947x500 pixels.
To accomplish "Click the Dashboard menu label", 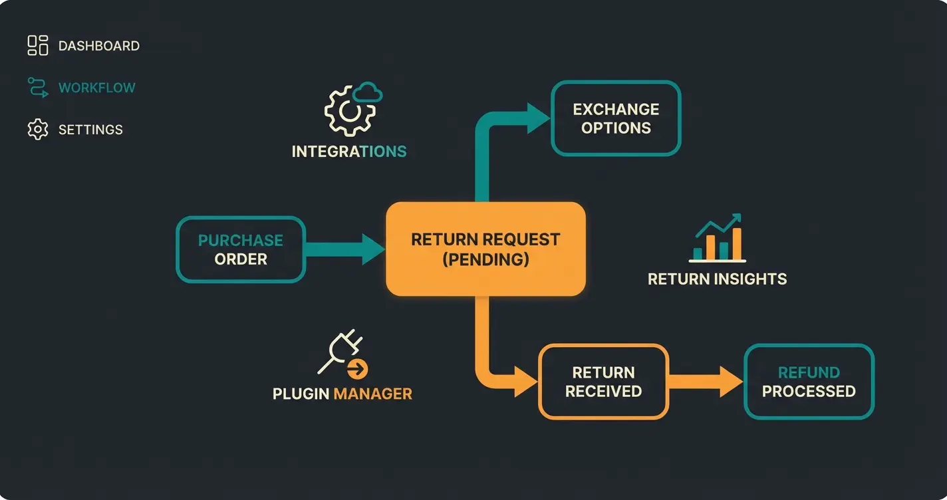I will click(98, 46).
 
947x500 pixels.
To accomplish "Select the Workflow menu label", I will click(96, 88).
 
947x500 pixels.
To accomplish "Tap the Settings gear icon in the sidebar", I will click(38, 129).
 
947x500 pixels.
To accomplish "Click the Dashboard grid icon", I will click(38, 45).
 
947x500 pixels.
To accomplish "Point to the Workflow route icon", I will click(38, 87).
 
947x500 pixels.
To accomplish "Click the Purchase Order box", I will click(241, 249).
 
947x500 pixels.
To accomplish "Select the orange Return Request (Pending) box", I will click(485, 249).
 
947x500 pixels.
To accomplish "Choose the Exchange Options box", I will click(616, 118).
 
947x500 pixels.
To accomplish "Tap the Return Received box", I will click(603, 382).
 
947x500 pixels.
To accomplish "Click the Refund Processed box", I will click(809, 382).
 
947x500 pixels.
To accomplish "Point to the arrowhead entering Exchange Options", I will click(538, 118).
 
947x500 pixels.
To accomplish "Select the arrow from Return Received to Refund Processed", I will click(705, 382).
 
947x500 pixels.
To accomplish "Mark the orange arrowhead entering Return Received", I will click(525, 382).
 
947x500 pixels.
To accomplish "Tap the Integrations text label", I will click(349, 152).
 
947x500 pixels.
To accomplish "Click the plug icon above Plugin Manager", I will click(342, 354).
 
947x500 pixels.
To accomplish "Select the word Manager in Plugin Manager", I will click(372, 394).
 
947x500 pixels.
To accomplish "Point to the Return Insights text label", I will click(717, 279).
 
